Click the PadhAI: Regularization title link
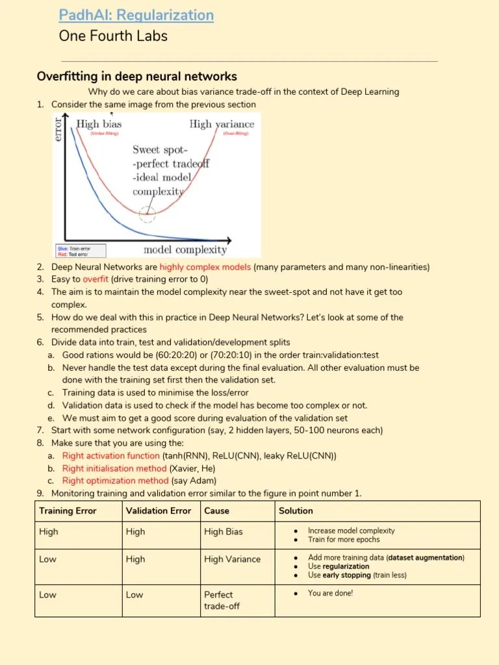click(x=136, y=14)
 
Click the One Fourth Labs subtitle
click(x=112, y=36)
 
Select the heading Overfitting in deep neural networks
click(x=136, y=77)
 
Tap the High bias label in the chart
click(x=99, y=124)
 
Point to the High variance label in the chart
click(x=222, y=124)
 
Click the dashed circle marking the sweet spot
click(x=148, y=213)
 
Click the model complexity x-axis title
click(x=185, y=249)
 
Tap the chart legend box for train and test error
click(x=80, y=251)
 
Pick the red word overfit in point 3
click(x=96, y=279)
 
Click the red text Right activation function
click(x=110, y=456)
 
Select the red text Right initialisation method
click(x=114, y=468)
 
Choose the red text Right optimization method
click(x=115, y=481)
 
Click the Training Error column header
click(x=68, y=511)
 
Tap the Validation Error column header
click(x=158, y=511)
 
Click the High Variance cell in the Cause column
click(x=232, y=559)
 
